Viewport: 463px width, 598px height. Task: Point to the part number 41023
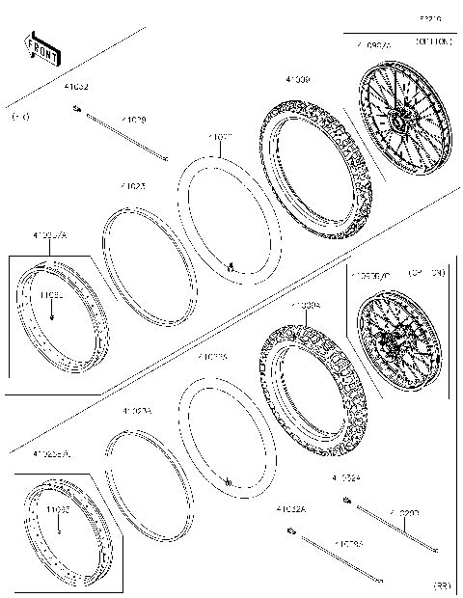(133, 186)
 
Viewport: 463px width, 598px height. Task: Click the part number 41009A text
(306, 304)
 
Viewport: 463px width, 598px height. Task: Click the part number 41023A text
(136, 411)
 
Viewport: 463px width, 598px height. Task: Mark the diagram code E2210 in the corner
(430, 17)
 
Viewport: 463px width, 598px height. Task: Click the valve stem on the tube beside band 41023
(231, 266)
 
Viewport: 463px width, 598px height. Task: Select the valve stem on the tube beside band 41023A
(228, 480)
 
